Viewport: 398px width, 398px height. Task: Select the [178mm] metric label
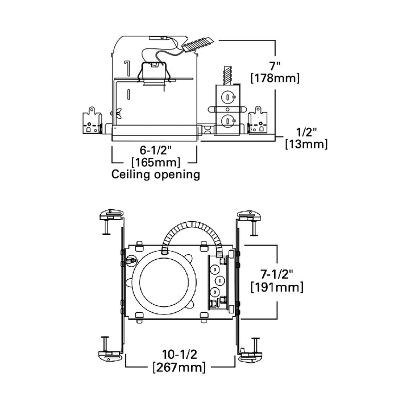[x=275, y=77]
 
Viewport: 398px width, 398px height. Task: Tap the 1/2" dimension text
[x=306, y=131]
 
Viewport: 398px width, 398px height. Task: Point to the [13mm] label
[x=306, y=144]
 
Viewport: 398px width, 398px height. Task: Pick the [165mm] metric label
[x=155, y=163]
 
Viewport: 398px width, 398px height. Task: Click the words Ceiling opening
[x=156, y=175]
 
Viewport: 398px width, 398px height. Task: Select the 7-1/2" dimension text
[x=276, y=274]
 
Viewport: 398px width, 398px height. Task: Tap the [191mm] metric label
[x=276, y=288]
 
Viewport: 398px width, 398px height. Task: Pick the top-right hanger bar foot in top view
[x=248, y=215]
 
